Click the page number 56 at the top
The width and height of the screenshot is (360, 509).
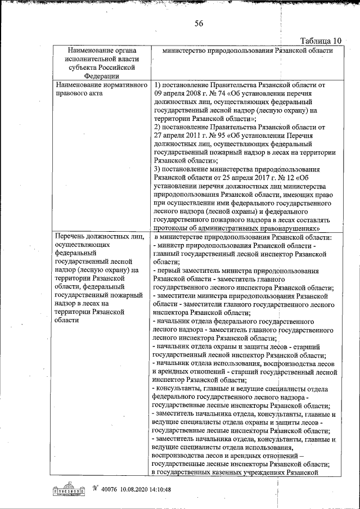click(x=199, y=23)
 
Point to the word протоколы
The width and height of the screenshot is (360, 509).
click(x=173, y=229)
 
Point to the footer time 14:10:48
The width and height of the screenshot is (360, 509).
click(x=160, y=489)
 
